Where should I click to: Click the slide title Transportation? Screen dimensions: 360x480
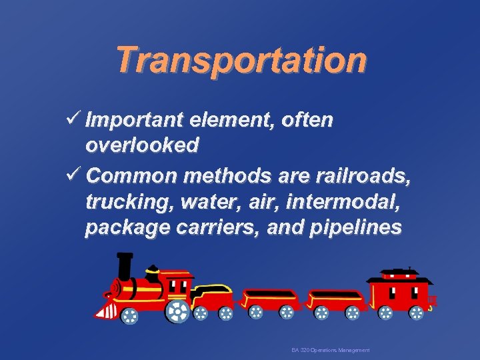pyautogui.click(x=241, y=60)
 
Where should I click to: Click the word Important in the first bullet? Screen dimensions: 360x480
pyautogui.click(x=134, y=121)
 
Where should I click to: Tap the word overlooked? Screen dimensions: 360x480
pyautogui.click(x=141, y=146)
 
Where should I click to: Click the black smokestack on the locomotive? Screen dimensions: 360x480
pyautogui.click(x=124, y=267)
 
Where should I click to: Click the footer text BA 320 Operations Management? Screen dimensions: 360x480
pyautogui.click(x=331, y=350)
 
